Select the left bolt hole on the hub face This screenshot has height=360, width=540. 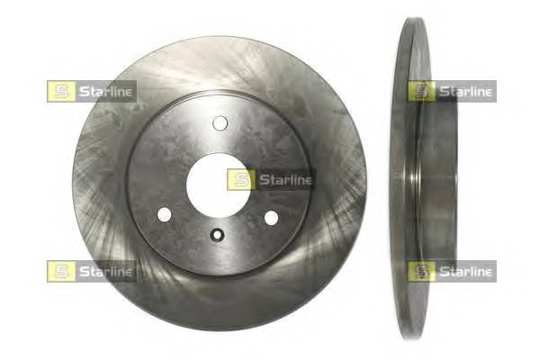tap(163, 215)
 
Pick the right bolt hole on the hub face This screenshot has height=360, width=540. tap(270, 217)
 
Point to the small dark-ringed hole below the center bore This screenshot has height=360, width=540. tap(217, 236)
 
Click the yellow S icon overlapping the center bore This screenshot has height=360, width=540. tap(238, 180)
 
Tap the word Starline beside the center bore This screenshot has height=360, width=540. tap(283, 180)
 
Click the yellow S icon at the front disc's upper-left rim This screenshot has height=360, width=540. tap(58, 91)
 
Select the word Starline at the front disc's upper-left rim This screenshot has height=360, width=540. tap(104, 91)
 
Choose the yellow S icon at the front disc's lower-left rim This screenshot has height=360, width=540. tap(58, 271)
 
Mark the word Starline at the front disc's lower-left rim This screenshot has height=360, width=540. tap(104, 271)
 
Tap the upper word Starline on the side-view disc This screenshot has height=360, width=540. tap(464, 91)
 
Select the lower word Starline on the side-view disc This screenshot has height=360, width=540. tap(464, 271)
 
